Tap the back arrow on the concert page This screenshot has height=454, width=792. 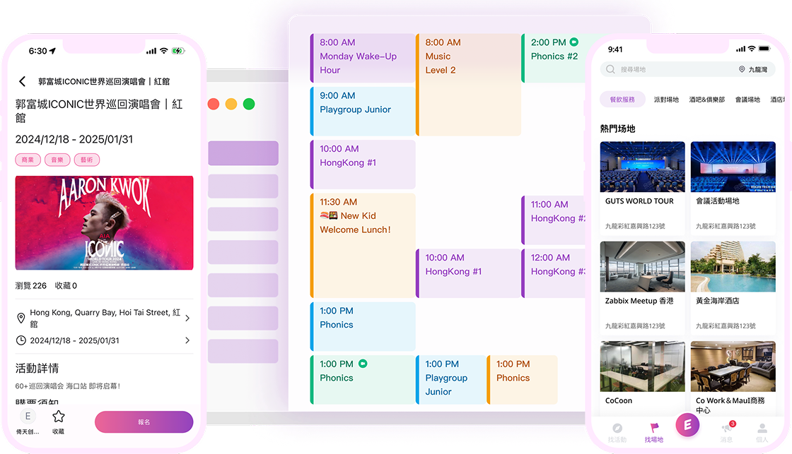click(x=23, y=82)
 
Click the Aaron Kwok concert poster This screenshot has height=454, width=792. click(x=104, y=222)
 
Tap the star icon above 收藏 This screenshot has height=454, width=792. click(x=59, y=417)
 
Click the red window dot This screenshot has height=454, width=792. click(x=214, y=104)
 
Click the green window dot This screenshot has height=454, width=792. click(x=249, y=104)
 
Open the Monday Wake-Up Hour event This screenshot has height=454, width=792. click(x=363, y=57)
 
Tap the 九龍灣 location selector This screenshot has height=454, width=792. click(x=753, y=70)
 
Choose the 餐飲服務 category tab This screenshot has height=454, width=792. click(x=622, y=100)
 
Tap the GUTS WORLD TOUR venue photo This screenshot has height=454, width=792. click(x=642, y=167)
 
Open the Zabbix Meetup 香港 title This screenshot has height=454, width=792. click(x=639, y=301)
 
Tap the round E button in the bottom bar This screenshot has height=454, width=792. click(x=687, y=425)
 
